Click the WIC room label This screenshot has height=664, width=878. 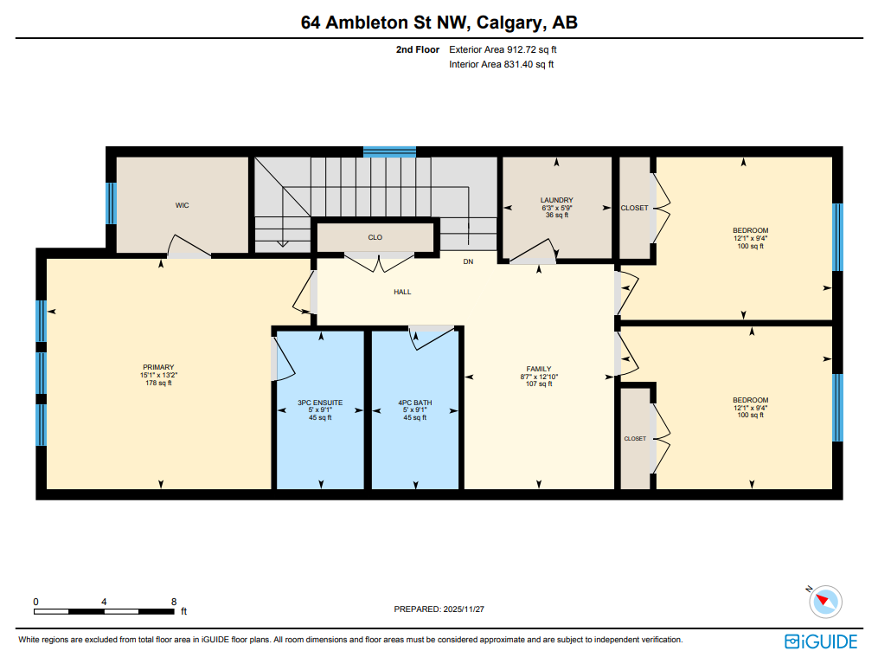(x=182, y=205)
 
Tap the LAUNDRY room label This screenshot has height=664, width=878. (x=556, y=200)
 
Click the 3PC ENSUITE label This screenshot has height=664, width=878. (x=320, y=403)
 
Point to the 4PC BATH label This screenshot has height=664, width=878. (x=414, y=403)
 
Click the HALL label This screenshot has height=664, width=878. (x=402, y=292)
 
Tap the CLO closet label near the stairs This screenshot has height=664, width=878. (x=375, y=237)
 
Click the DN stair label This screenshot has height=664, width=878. (x=468, y=261)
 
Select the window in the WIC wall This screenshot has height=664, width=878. (x=111, y=203)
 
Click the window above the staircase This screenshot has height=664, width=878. (x=389, y=151)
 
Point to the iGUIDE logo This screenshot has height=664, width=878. (x=821, y=641)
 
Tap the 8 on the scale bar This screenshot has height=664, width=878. (x=174, y=602)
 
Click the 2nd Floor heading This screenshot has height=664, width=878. (x=418, y=50)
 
